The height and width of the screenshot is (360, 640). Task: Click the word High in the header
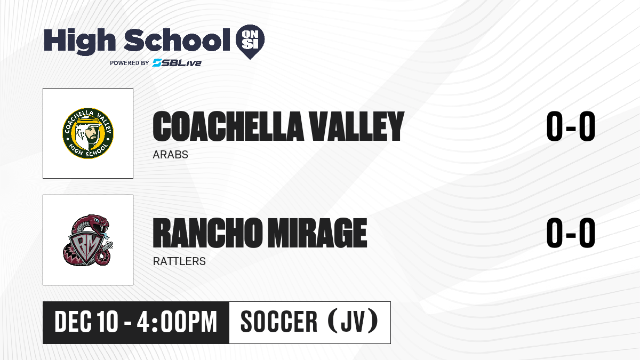tap(80, 41)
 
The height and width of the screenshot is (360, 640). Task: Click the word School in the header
tap(177, 40)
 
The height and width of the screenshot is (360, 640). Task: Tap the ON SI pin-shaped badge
tap(250, 42)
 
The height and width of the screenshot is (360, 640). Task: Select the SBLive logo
tap(177, 63)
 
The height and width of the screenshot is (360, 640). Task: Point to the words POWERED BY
tap(130, 63)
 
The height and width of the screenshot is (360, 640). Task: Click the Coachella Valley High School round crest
tap(88, 133)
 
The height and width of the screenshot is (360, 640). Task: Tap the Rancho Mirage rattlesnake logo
tap(88, 240)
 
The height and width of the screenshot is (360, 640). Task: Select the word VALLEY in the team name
tap(357, 126)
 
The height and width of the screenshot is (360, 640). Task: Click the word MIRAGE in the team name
tap(317, 233)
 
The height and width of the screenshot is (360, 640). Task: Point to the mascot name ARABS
tap(170, 155)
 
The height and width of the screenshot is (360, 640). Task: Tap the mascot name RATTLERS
tap(179, 261)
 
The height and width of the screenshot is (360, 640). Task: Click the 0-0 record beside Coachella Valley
tap(571, 126)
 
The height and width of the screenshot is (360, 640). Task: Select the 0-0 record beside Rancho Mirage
tap(571, 233)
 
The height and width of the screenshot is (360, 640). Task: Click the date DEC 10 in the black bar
tap(86, 322)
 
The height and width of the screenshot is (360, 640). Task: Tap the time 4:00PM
tap(177, 322)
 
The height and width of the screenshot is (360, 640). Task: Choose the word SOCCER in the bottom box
tap(279, 322)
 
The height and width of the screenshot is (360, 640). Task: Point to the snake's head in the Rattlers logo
tap(100, 223)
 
